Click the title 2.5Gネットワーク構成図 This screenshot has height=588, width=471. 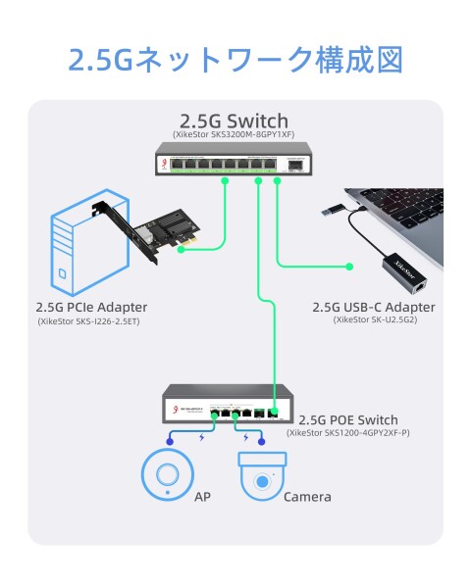tap(235, 60)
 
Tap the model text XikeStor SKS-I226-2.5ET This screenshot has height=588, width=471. tap(89, 320)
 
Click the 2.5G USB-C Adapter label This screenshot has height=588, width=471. tap(373, 307)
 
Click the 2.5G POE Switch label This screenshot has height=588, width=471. tap(348, 417)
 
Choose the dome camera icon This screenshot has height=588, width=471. tap(262, 477)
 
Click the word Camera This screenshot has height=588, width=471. tap(307, 497)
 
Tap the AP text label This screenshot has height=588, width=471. tap(202, 497)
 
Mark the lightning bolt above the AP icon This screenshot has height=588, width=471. tap(201, 438)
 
